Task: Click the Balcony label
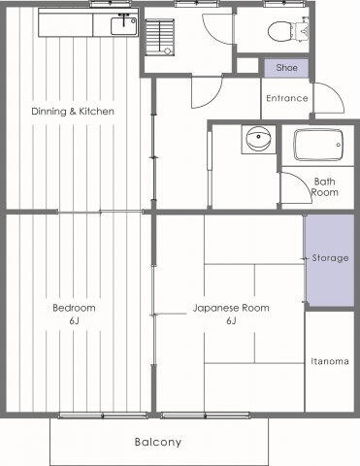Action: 158,442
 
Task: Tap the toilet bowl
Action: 280,32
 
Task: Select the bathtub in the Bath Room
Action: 318,146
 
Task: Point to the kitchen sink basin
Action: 124,26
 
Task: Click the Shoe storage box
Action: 286,68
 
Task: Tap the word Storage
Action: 330,258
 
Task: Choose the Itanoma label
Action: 330,361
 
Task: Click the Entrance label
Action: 287,98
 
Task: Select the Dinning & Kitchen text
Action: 73,112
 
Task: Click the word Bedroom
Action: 74,308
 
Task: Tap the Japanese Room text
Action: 231,308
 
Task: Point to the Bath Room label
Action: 324,186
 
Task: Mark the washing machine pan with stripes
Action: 159,36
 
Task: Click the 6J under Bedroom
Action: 74,321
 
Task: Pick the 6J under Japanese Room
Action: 231,321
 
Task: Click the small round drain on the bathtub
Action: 339,145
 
